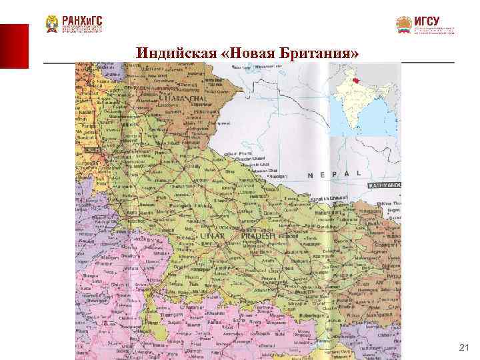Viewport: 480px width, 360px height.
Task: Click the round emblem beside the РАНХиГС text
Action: [x=52, y=25]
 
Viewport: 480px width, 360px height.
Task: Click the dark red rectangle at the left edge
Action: [x=14, y=46]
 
